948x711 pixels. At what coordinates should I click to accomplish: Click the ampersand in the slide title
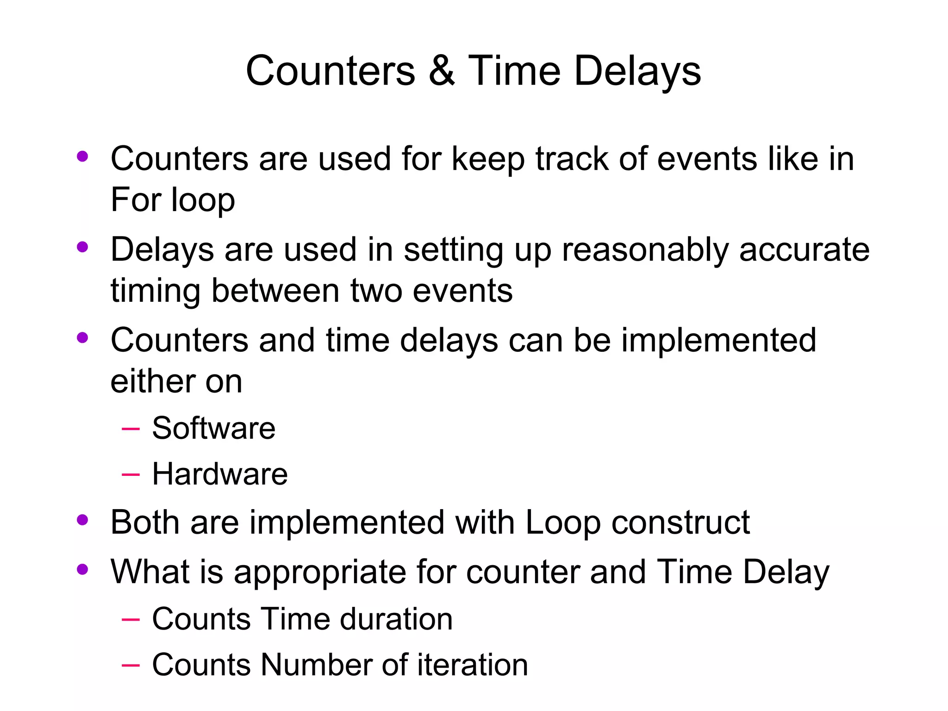coord(442,71)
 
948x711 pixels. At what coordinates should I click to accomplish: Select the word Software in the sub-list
coord(213,428)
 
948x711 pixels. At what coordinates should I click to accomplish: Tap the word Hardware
coord(219,474)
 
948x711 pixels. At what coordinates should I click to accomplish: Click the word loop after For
coord(203,200)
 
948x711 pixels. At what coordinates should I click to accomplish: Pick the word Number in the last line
coord(317,665)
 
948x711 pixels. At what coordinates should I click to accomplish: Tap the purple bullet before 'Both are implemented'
coord(82,520)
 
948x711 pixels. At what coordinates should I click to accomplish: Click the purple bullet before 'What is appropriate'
coord(82,569)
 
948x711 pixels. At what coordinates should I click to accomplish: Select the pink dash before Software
coord(130,429)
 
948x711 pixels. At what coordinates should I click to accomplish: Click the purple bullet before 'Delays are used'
coord(82,247)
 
